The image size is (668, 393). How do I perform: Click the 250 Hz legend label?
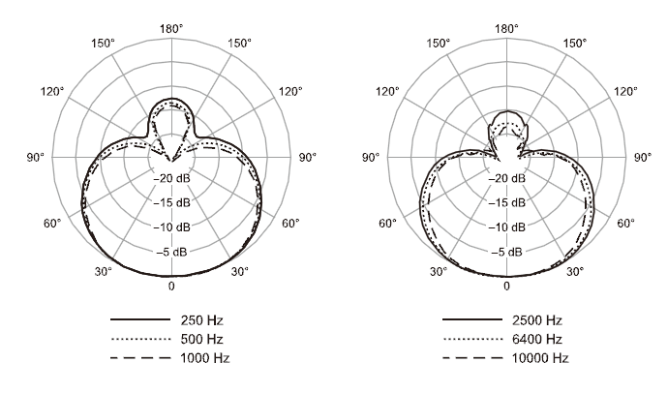click(201, 320)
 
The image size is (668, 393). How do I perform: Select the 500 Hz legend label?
click(201, 339)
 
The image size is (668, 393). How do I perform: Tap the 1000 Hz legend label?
click(205, 357)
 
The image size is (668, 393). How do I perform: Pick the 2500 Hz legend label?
click(536, 320)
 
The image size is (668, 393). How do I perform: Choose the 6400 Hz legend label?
click(536, 339)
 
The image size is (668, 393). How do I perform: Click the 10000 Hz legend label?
click(540, 357)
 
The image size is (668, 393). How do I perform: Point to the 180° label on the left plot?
click(171, 29)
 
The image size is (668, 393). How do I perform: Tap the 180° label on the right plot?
click(506, 29)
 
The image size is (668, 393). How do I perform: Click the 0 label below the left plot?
click(171, 287)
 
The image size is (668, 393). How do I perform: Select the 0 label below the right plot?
click(506, 287)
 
